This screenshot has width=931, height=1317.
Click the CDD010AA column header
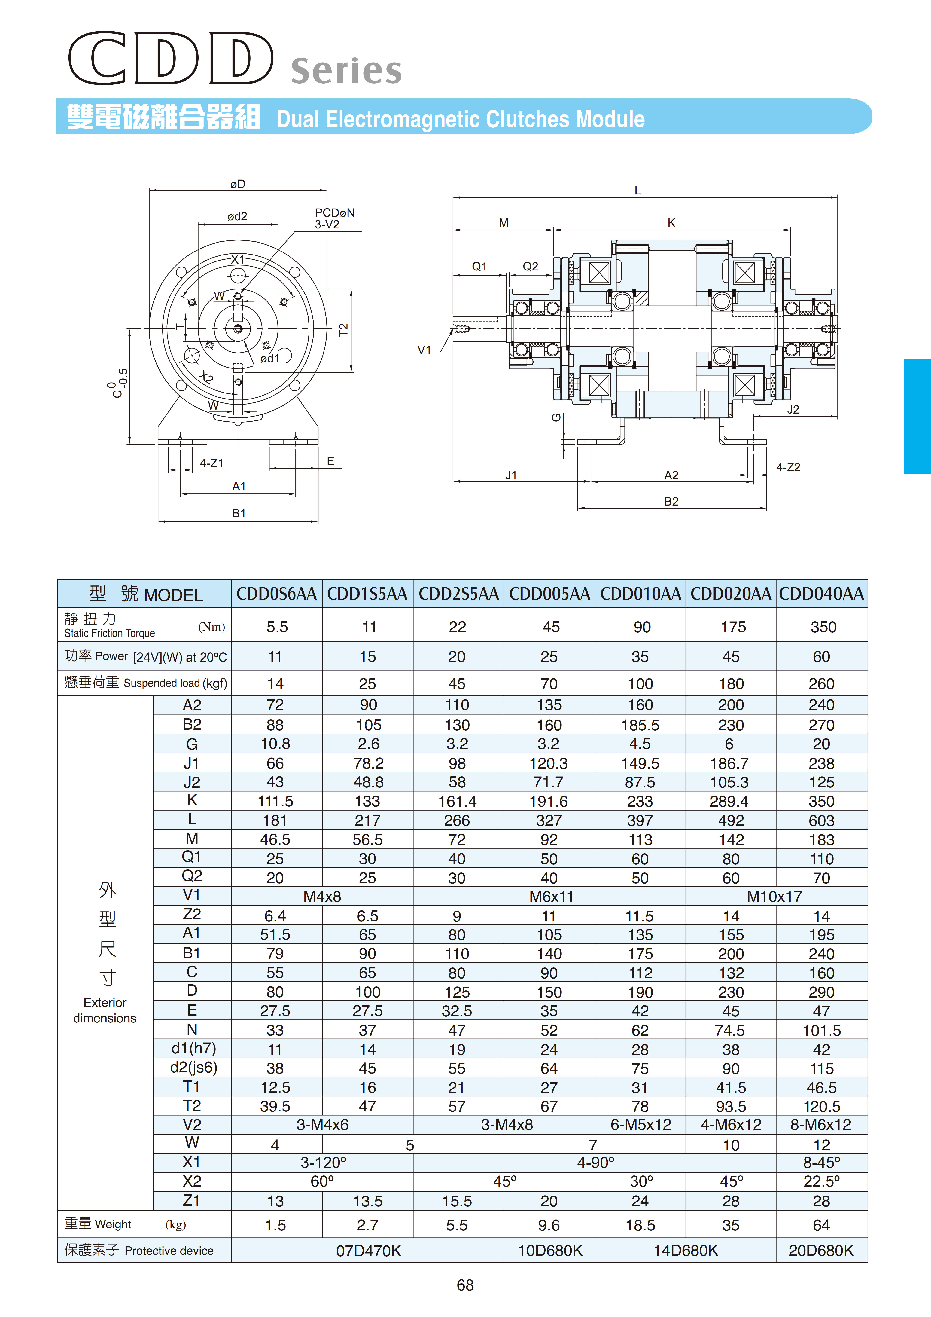640,594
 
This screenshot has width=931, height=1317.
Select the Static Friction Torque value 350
823,627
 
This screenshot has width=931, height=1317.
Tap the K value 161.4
457,801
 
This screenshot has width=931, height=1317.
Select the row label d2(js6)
193,1068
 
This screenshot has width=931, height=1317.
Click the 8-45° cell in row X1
821,1163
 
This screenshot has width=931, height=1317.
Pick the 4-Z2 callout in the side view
788,467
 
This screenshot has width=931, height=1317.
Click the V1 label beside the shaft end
424,350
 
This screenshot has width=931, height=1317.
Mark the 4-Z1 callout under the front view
212,463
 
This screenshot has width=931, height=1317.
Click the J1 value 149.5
640,763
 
